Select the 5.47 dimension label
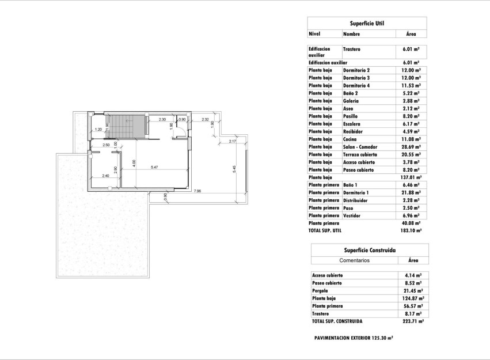(154, 167)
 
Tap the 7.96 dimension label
(197, 191)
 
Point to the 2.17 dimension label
(233, 141)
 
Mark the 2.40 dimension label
(105, 176)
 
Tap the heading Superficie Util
(367, 24)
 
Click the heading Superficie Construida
(369, 251)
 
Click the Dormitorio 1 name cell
(356, 192)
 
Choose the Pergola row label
(321, 291)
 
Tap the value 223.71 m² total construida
(413, 321)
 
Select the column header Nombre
(352, 35)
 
